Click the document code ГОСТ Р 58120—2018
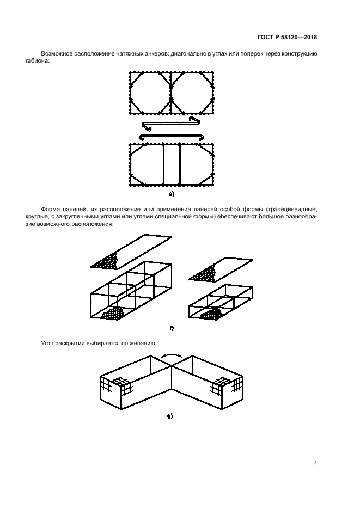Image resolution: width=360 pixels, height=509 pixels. (x=287, y=37)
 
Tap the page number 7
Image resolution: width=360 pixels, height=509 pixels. (x=315, y=463)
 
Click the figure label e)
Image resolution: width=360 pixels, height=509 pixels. (x=172, y=194)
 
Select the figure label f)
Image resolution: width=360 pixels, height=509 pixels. (x=172, y=328)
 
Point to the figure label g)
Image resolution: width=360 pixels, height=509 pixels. (x=169, y=416)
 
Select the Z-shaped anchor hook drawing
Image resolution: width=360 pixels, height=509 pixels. (x=170, y=124)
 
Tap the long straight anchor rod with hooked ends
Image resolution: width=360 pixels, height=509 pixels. (x=171, y=137)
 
